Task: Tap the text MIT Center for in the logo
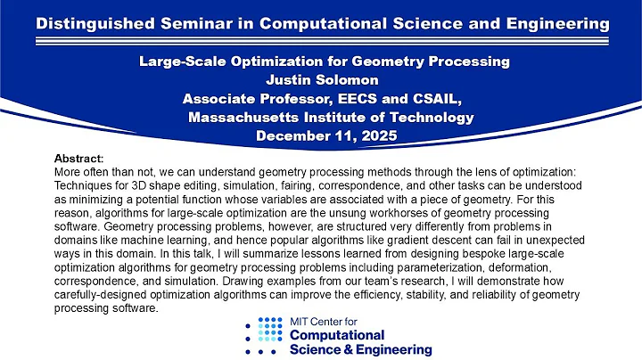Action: tap(330, 322)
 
